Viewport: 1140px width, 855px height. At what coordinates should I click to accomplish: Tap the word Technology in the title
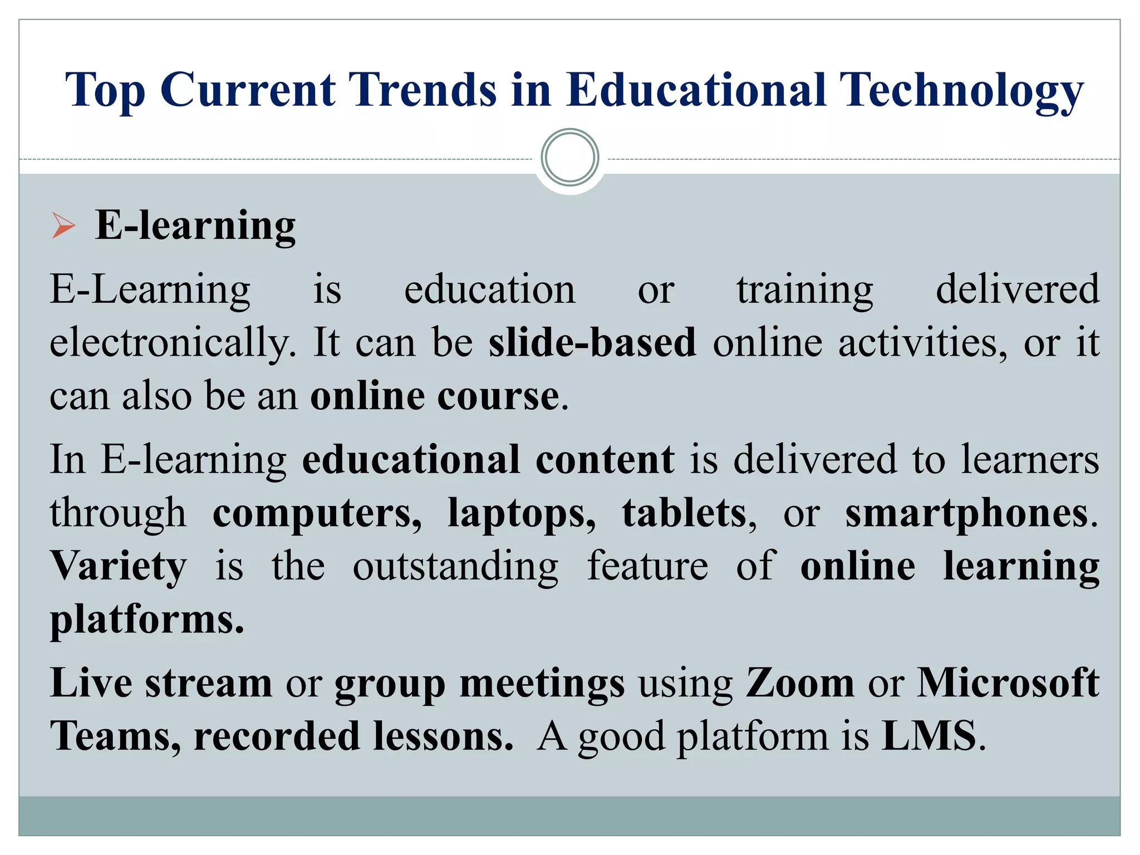pos(961,91)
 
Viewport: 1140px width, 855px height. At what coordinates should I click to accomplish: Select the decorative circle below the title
pos(569,157)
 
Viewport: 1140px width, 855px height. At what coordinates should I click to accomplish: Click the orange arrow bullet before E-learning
pos(63,225)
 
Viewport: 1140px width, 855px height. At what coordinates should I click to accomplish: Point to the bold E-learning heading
pos(195,225)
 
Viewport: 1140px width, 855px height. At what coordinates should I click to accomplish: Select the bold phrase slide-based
pos(592,342)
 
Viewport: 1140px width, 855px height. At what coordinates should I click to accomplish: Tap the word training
pos(805,289)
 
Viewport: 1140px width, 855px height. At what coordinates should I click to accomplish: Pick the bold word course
pos(498,396)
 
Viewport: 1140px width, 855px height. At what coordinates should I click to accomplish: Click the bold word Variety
pos(119,566)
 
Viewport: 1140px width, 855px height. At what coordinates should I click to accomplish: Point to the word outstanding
pos(455,566)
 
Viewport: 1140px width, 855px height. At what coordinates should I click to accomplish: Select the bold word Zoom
pos(800,683)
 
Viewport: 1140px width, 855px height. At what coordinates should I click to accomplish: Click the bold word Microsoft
pos(1008,683)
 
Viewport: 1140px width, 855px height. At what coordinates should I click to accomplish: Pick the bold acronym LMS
pos(929,736)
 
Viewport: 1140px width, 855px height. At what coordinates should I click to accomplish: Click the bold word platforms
pos(146,620)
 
